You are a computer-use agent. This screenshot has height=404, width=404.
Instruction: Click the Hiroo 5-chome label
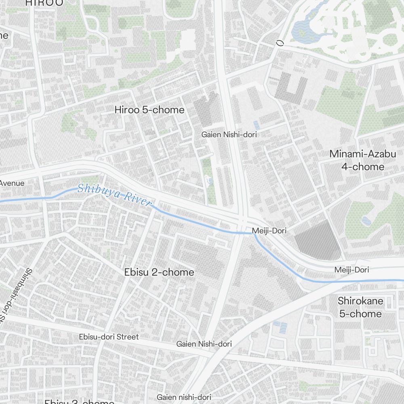[149, 110]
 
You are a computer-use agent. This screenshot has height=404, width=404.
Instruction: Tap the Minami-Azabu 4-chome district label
[357, 160]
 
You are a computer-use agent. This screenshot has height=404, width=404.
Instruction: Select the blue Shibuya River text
[114, 194]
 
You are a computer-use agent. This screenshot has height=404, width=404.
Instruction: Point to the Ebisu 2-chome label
[159, 272]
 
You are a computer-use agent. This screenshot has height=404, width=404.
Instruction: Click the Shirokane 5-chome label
[360, 307]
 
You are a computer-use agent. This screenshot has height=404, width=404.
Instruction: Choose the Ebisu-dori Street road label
[109, 337]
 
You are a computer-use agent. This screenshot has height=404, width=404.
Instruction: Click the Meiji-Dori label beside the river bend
[269, 231]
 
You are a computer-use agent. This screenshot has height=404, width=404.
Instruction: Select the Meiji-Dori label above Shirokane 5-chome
[351, 269]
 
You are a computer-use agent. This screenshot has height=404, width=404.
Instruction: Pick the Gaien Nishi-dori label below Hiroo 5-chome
[229, 135]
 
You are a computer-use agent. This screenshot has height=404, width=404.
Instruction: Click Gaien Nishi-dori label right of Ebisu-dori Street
[204, 344]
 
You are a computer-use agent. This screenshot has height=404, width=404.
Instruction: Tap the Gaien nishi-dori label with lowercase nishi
[184, 397]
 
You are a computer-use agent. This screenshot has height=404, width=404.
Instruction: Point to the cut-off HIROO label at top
[44, 3]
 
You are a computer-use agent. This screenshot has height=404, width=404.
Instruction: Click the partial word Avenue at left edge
[12, 183]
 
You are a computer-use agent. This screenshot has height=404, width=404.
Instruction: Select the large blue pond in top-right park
[305, 28]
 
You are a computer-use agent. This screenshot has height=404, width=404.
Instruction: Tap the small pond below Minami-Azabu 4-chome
[366, 221]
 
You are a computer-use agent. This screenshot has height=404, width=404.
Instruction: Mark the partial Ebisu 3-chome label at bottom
[79, 402]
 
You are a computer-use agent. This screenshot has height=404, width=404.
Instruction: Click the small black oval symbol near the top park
[279, 43]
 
